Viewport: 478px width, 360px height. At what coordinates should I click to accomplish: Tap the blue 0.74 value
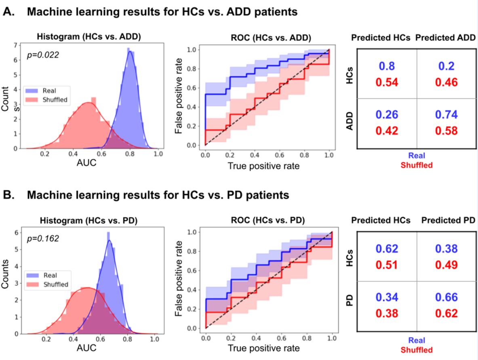tap(444, 115)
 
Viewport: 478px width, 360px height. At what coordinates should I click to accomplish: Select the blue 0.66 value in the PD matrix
tap(444, 297)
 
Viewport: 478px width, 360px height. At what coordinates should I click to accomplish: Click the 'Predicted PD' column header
tap(448, 220)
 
